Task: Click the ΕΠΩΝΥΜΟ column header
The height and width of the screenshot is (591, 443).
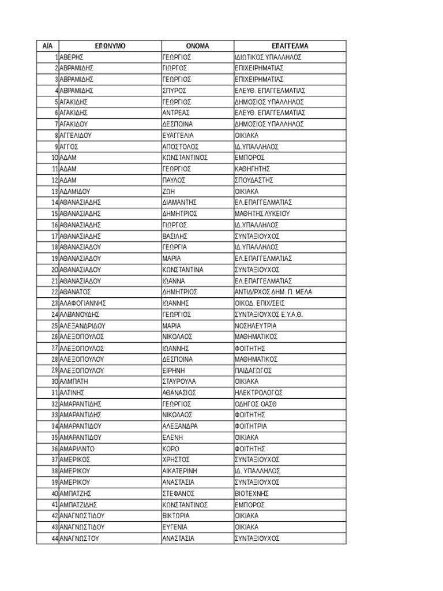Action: pyautogui.click(x=110, y=46)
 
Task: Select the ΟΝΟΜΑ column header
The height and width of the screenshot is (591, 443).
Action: pyautogui.click(x=197, y=46)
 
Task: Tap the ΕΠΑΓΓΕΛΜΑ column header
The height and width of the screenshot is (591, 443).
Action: pyautogui.click(x=290, y=46)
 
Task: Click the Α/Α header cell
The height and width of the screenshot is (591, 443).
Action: pyautogui.click(x=47, y=46)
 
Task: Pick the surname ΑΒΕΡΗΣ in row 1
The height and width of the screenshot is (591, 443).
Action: pyautogui.click(x=72, y=57)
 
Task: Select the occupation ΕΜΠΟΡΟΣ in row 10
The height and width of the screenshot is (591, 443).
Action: pyautogui.click(x=250, y=158)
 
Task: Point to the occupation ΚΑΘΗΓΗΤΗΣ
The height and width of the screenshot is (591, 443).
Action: pyautogui.click(x=253, y=169)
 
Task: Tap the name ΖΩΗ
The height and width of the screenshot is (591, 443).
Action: pyautogui.click(x=169, y=191)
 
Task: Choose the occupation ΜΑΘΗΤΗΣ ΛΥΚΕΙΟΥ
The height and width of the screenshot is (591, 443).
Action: pyautogui.click(x=262, y=214)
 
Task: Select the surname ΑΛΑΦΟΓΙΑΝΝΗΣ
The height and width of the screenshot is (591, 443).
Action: pyautogui.click(x=83, y=303)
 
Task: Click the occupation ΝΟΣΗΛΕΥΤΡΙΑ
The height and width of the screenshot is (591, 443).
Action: pyautogui.click(x=257, y=326)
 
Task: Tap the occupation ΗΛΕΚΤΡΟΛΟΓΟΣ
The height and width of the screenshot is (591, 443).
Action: pyautogui.click(x=258, y=393)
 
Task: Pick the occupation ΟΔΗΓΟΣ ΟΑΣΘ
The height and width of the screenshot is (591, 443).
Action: pyautogui.click(x=256, y=404)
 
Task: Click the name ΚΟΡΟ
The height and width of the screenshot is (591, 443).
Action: pyautogui.click(x=171, y=448)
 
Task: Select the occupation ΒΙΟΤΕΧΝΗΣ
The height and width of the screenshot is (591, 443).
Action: pyautogui.click(x=252, y=493)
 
